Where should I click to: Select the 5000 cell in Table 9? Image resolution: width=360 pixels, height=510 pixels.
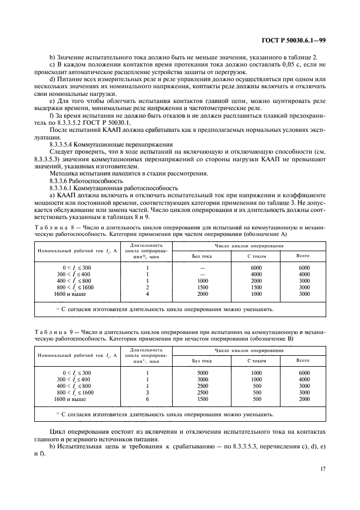tap(202, 373)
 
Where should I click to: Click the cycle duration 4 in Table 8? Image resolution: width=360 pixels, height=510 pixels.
tap(147, 294)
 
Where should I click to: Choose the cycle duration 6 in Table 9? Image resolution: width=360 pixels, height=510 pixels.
tap(147, 399)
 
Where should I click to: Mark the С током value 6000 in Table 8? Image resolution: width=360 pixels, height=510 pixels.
tap(257, 268)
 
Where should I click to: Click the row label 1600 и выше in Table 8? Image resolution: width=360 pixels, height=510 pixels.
tap(70, 294)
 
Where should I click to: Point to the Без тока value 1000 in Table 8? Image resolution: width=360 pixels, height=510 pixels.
tap(202, 281)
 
